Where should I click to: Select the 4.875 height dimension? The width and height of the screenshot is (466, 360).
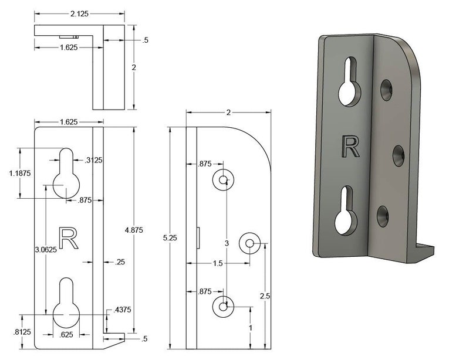pos(135,229)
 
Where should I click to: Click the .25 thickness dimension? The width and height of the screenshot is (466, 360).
pos(120,261)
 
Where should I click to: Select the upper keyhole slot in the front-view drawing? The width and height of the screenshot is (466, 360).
pos(66,176)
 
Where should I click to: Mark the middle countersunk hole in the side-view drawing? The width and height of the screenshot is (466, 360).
pos(249,242)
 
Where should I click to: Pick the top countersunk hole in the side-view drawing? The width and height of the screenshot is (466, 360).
pos(224,179)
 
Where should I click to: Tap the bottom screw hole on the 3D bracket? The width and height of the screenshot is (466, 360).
pos(383,215)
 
